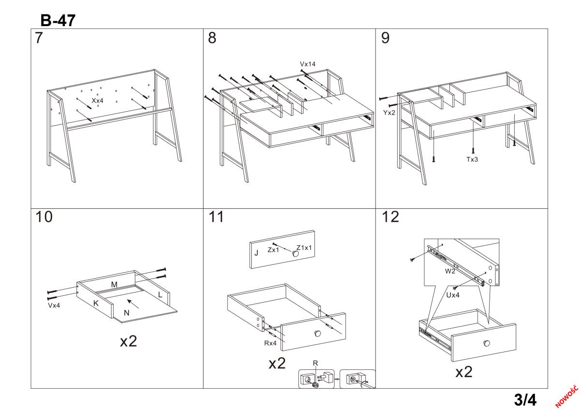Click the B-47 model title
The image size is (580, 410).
pos(58,20)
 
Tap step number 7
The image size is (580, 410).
pos(39,39)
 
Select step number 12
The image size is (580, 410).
pos(390,218)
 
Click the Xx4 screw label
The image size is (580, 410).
pos(98,101)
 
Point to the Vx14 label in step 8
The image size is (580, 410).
pos(308,64)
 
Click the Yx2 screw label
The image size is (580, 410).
pos(390,113)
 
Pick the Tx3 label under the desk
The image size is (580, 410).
pos(472,159)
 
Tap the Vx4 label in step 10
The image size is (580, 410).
pos(54,306)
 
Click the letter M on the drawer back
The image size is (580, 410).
pos(114,285)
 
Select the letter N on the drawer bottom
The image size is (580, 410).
pos(127,313)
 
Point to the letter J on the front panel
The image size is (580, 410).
pos(256,253)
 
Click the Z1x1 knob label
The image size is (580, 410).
pos(304,248)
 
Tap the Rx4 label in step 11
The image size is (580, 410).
pos(270,343)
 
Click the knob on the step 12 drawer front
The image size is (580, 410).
pos(486,343)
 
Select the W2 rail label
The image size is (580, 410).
pos(450,271)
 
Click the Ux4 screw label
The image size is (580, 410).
pos(452,294)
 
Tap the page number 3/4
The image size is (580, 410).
pos(525,400)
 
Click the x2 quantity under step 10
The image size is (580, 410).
pos(129,341)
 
